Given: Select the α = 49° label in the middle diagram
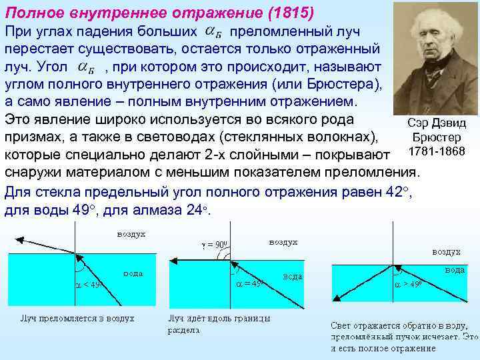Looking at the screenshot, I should point(251,283).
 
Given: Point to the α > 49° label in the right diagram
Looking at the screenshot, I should point(408,283).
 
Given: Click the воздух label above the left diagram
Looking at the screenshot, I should point(131,235).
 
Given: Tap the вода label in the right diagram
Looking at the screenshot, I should point(455,270).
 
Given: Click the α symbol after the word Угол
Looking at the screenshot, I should point(86,68).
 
